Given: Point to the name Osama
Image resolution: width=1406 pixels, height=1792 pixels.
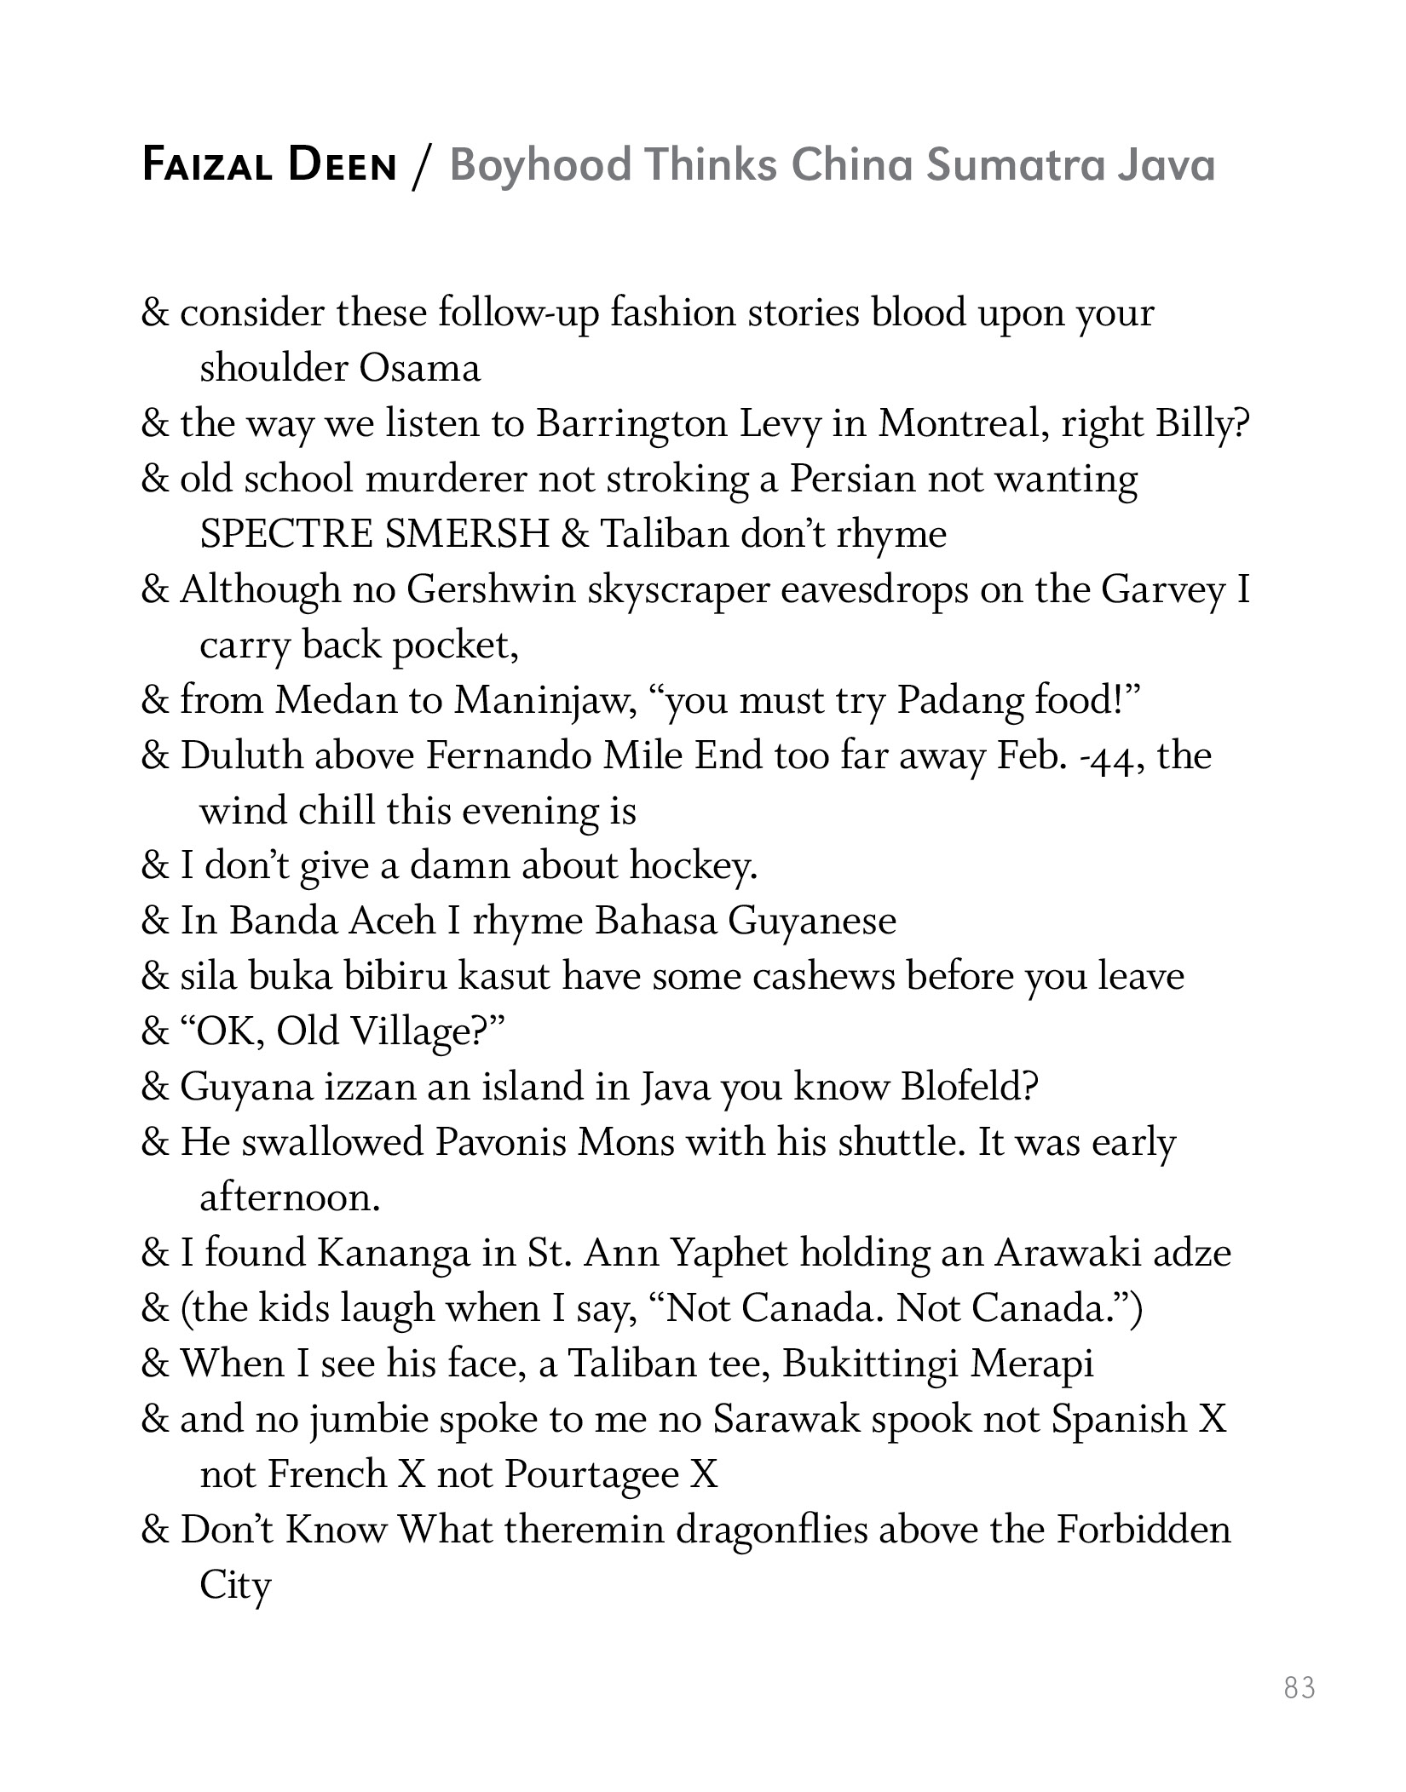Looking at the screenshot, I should click(420, 369).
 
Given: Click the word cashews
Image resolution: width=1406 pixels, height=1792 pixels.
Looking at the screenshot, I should click(822, 976).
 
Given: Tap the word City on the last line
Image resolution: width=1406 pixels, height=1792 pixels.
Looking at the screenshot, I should click(234, 1585).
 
